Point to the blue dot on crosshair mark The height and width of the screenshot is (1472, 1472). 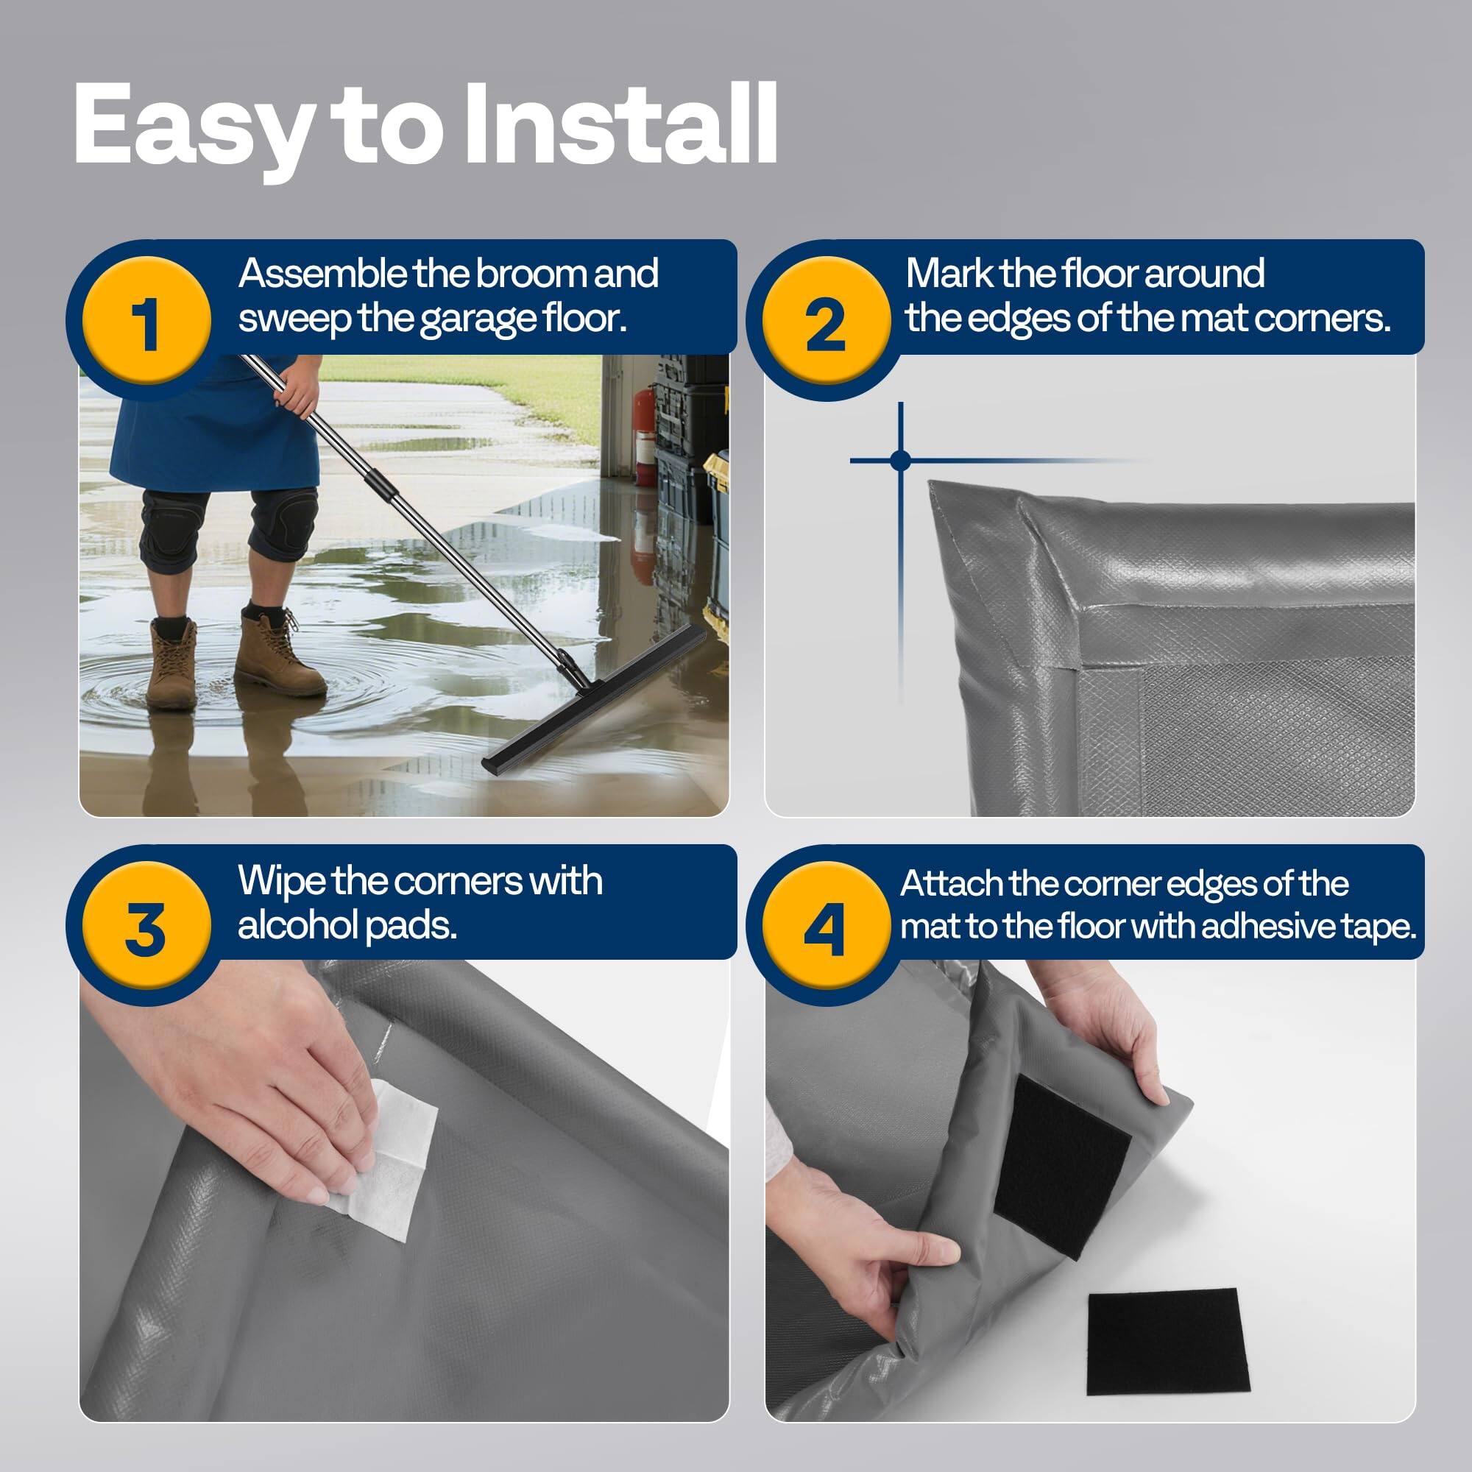pyautogui.click(x=900, y=460)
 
